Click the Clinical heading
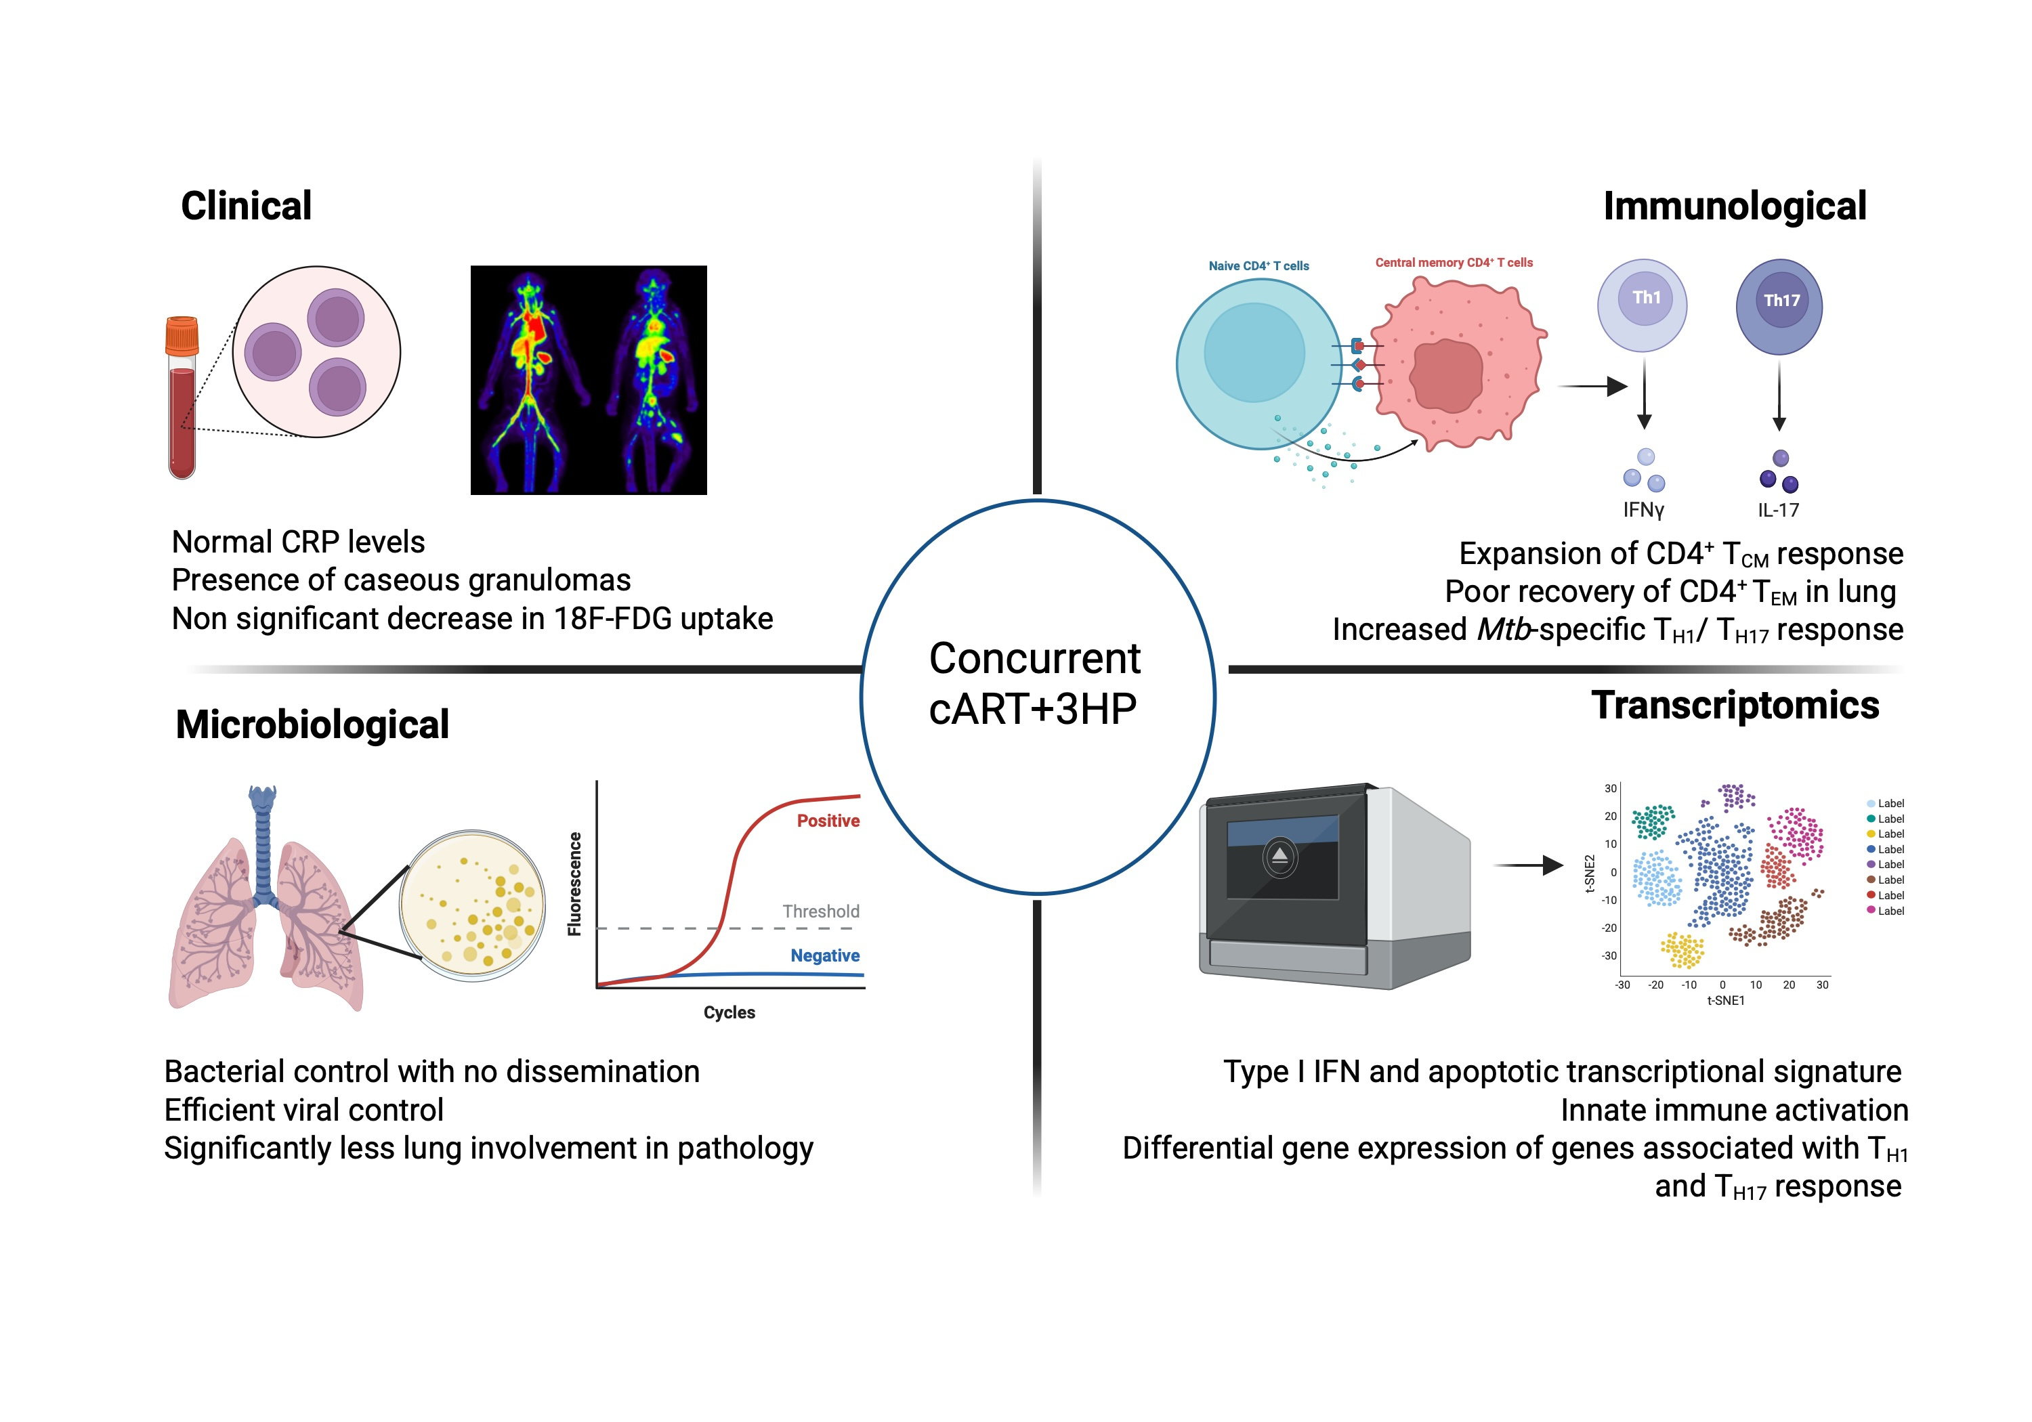click(246, 205)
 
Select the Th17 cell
click(1779, 306)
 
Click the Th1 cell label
click(1646, 297)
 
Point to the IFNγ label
click(1643, 510)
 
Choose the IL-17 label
click(1778, 510)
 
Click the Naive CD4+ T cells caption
click(1258, 265)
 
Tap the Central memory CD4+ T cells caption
click(1453, 263)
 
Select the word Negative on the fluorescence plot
click(825, 955)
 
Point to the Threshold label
click(820, 911)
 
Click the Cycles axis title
click(729, 1012)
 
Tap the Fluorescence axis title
click(575, 883)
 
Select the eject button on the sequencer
click(1279, 857)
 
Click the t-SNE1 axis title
click(1725, 1001)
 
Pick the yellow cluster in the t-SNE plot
click(1682, 950)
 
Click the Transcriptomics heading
click(1735, 706)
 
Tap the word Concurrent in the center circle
click(1034, 658)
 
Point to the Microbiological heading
click(312, 724)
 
